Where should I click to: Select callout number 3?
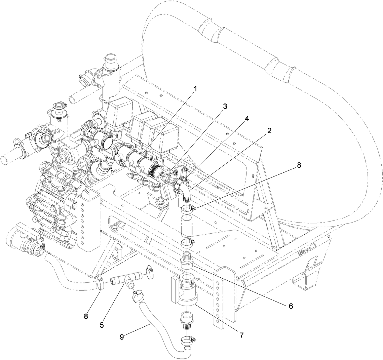point(225,107)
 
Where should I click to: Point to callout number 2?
point(269,131)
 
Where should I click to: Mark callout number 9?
point(122,337)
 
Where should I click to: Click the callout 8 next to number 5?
point(86,316)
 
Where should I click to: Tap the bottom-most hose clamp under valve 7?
point(187,340)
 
